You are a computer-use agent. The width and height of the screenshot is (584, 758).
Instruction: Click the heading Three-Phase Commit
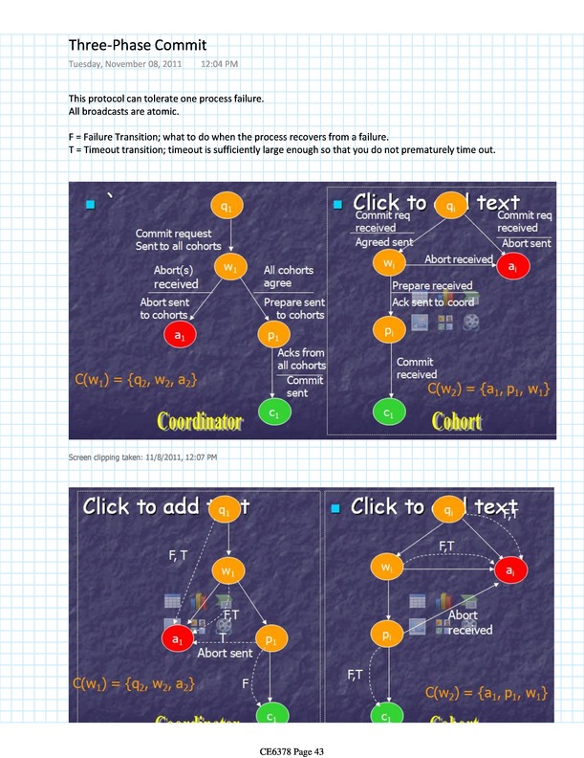click(138, 45)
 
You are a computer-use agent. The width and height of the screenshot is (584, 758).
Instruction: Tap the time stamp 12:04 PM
click(220, 64)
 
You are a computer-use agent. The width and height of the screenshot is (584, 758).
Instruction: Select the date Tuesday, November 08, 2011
click(127, 64)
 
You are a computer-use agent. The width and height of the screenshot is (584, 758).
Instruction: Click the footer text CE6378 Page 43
click(292, 751)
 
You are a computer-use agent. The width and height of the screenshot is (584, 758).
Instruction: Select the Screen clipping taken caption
click(142, 457)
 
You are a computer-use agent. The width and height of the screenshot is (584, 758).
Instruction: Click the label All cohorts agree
click(289, 277)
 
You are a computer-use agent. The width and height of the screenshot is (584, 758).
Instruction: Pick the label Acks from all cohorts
click(300, 359)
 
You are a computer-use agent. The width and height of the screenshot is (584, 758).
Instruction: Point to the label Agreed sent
click(385, 243)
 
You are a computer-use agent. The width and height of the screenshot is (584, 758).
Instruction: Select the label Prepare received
click(432, 285)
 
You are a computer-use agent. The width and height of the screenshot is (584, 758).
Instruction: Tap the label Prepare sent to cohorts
click(293, 308)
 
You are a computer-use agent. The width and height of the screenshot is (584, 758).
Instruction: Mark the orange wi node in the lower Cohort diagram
click(386, 569)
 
